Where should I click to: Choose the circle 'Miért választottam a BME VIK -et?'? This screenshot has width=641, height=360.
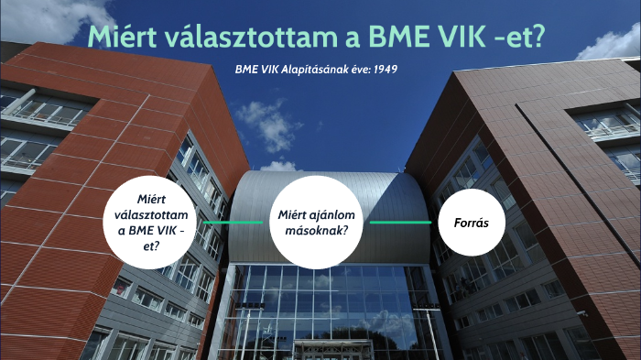click(x=153, y=223)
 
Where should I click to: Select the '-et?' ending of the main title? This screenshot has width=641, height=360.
click(x=523, y=38)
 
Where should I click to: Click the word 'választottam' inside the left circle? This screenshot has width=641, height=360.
click(x=153, y=214)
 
